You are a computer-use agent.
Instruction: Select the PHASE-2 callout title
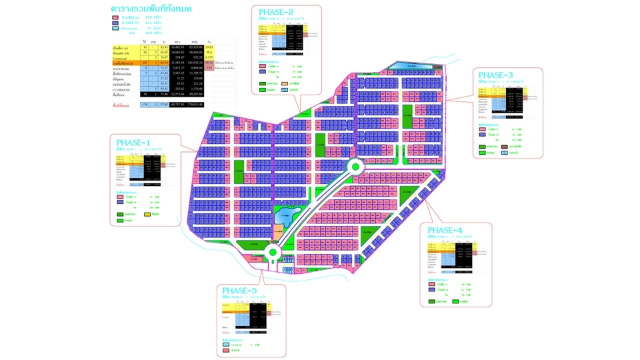click(277, 13)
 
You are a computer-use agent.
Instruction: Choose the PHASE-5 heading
click(239, 291)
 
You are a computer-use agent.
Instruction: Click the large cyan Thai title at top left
click(151, 9)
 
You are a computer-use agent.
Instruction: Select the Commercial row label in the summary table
click(125, 58)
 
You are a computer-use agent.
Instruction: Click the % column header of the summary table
click(209, 42)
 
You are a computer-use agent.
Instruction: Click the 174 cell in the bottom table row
click(145, 105)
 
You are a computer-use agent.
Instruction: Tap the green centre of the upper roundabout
click(355, 167)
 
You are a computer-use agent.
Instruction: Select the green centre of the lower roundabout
click(274, 252)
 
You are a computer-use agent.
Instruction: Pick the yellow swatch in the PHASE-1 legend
click(147, 213)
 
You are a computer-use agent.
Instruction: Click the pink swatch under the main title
click(117, 18)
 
